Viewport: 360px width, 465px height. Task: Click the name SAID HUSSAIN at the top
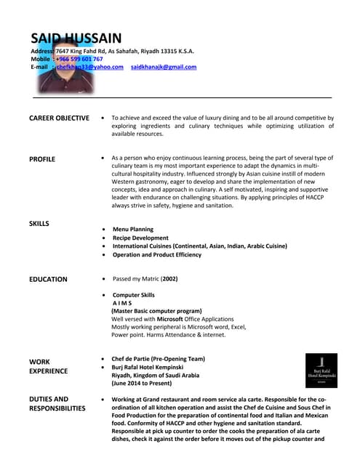point(76,38)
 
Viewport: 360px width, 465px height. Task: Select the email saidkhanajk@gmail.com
point(164,67)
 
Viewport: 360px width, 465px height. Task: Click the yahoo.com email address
point(90,67)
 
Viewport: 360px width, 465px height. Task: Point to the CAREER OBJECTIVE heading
point(59,118)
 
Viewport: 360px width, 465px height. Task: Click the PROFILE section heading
point(42,158)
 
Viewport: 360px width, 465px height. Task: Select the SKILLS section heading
point(39,223)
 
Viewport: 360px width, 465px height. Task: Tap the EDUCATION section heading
point(48,279)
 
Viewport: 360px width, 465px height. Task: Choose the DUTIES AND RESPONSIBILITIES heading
point(57,403)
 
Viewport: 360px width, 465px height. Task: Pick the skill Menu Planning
point(133,230)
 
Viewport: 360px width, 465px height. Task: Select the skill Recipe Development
point(140,238)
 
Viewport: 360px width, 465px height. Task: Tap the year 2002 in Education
point(169,279)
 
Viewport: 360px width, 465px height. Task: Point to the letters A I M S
point(122,303)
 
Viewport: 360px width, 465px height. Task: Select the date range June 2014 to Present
point(151,384)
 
